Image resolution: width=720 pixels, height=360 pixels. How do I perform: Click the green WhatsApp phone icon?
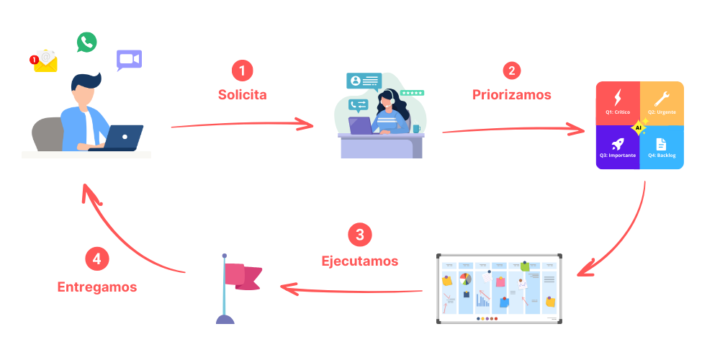tap(87, 42)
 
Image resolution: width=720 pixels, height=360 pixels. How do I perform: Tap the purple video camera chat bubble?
tap(129, 60)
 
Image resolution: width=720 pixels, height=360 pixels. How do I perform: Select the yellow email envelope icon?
tap(46, 61)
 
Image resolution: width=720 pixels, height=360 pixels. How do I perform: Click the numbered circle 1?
tap(242, 71)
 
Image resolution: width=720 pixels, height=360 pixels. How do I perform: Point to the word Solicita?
tap(242, 94)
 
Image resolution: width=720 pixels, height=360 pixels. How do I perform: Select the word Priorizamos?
tap(512, 94)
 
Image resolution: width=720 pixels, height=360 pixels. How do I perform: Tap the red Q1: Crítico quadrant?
tap(618, 103)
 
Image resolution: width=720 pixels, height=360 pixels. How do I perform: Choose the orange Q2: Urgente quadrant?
tap(662, 103)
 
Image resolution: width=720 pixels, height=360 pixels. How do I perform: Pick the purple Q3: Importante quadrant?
tap(618, 148)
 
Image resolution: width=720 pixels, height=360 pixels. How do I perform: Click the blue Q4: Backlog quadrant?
tap(662, 148)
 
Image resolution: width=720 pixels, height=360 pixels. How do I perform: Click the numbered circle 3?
tap(359, 235)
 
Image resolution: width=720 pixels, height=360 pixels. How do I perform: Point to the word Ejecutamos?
tap(359, 260)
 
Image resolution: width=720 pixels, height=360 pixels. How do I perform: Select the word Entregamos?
tap(97, 286)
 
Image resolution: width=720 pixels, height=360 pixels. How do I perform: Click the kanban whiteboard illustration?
tap(500, 288)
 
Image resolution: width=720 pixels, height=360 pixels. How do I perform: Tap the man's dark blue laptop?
tap(124, 137)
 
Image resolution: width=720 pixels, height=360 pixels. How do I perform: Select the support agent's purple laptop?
tap(361, 125)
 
